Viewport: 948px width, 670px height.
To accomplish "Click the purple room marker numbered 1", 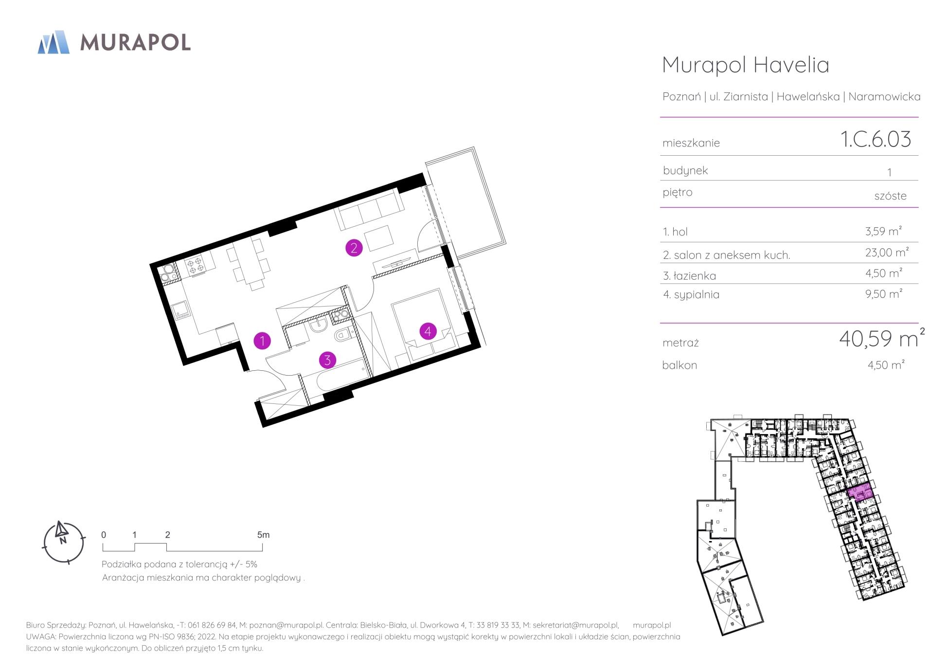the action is [262, 341].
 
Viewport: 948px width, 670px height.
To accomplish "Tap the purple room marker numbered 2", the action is [354, 248].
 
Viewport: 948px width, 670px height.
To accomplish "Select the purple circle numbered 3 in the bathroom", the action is [327, 360].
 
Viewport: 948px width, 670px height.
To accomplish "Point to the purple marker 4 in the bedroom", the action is [428, 331].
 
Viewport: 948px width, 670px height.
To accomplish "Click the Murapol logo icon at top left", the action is [54, 42].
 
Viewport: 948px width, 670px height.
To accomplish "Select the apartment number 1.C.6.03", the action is [876, 139].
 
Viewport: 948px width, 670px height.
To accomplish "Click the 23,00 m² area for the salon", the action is [887, 252].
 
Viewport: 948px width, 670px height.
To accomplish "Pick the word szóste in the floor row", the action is [890, 196].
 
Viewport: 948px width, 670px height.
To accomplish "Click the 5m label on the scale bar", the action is [263, 535].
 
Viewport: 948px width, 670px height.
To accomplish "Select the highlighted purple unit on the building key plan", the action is [860, 494].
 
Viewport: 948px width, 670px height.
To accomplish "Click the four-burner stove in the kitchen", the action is [196, 264].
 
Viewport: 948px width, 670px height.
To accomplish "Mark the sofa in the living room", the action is [369, 210].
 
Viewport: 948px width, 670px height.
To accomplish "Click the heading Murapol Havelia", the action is [746, 65].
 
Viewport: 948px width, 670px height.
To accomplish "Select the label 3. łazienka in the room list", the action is [689, 276].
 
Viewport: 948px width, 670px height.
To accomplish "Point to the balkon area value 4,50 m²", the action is [886, 364].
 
